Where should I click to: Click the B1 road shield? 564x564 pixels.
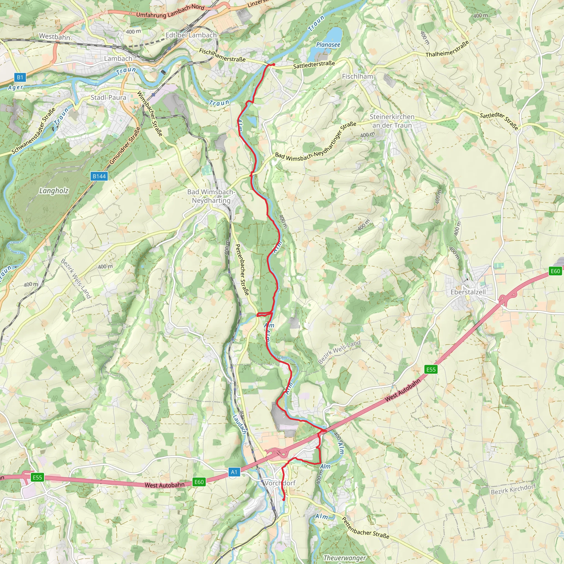[20, 77]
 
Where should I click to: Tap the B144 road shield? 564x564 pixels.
[99, 176]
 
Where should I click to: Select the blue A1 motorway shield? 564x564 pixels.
[234, 472]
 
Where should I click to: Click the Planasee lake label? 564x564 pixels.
[328, 45]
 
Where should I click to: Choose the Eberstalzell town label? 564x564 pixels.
[468, 292]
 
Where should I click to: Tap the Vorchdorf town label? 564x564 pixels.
[280, 483]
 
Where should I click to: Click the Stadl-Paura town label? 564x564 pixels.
[108, 97]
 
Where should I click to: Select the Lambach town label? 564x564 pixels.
[118, 58]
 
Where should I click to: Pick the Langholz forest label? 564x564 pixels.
[54, 191]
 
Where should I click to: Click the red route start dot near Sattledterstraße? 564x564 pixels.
[273, 64]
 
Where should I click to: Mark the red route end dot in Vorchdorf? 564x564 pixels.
[283, 500]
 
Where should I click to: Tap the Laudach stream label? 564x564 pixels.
[240, 424]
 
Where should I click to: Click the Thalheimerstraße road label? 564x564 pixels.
[447, 49]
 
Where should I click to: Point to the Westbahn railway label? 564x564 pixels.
[55, 37]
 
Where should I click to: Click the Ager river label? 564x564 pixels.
[15, 87]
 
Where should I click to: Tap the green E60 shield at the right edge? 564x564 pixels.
[555, 271]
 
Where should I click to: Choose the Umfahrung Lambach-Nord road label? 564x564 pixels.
[170, 11]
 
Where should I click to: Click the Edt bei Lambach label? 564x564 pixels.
[191, 35]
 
